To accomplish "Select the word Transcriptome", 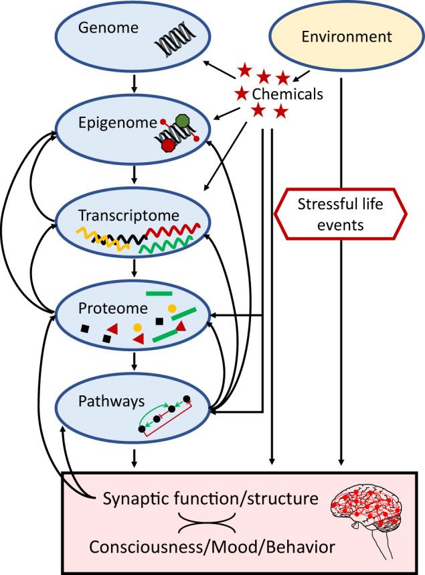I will click(x=129, y=215).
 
